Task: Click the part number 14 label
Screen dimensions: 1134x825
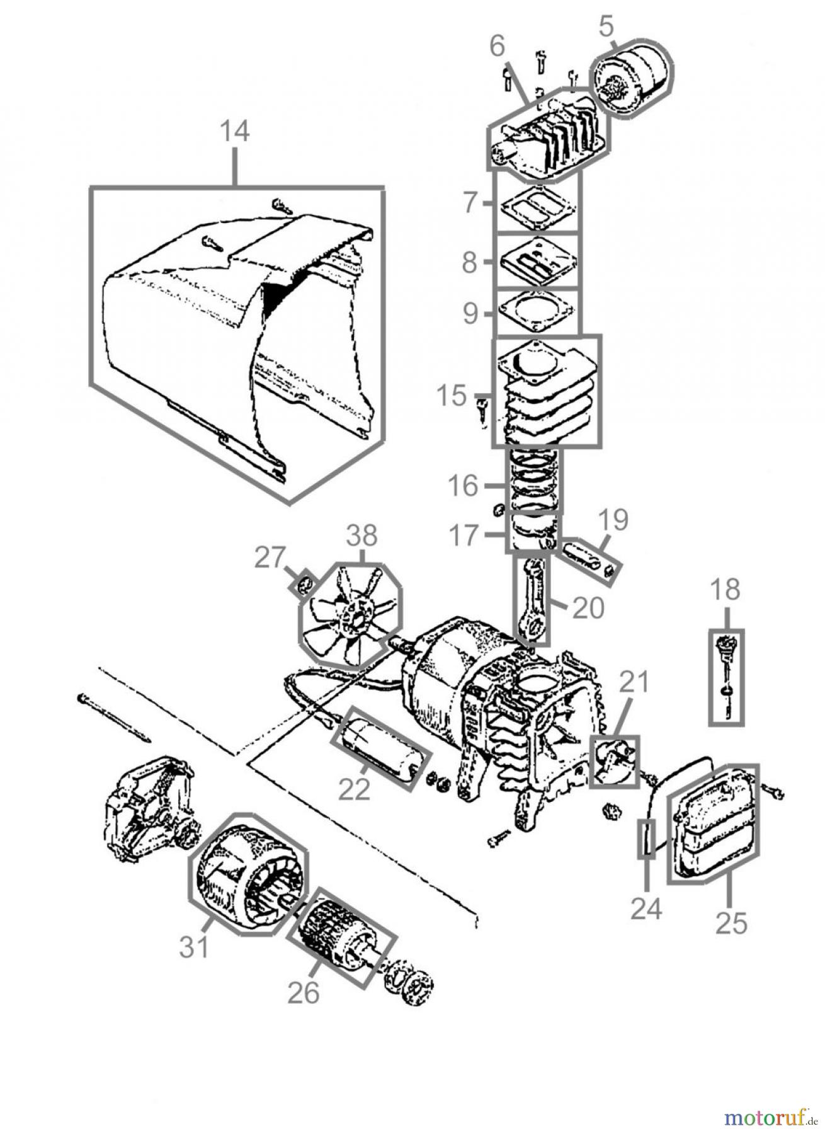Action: (234, 132)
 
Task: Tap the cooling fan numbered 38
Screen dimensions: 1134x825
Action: (351, 616)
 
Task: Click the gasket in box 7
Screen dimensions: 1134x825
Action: (537, 205)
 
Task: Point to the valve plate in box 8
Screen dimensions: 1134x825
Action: (537, 261)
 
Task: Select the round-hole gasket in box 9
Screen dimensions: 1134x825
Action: (537, 312)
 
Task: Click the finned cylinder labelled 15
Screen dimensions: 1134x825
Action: (545, 392)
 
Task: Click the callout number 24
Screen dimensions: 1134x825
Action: (646, 908)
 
